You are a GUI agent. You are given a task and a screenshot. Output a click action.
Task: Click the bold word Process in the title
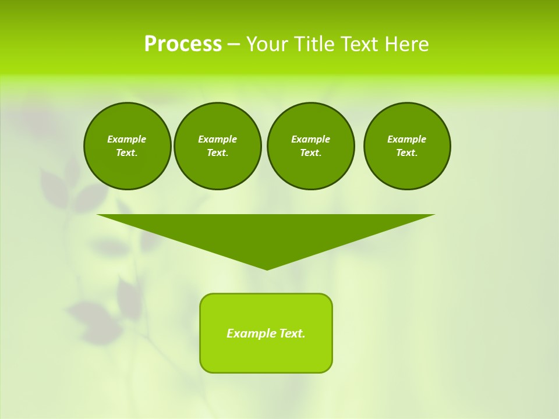click(183, 44)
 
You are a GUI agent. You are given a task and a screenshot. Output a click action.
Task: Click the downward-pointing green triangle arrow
click(266, 233)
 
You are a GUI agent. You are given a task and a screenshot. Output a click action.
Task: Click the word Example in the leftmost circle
click(127, 139)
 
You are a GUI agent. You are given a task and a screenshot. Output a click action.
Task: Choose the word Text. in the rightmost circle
click(407, 152)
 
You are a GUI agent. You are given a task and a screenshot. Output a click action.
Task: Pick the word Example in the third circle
click(310, 139)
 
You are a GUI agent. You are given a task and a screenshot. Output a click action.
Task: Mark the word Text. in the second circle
click(218, 152)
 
